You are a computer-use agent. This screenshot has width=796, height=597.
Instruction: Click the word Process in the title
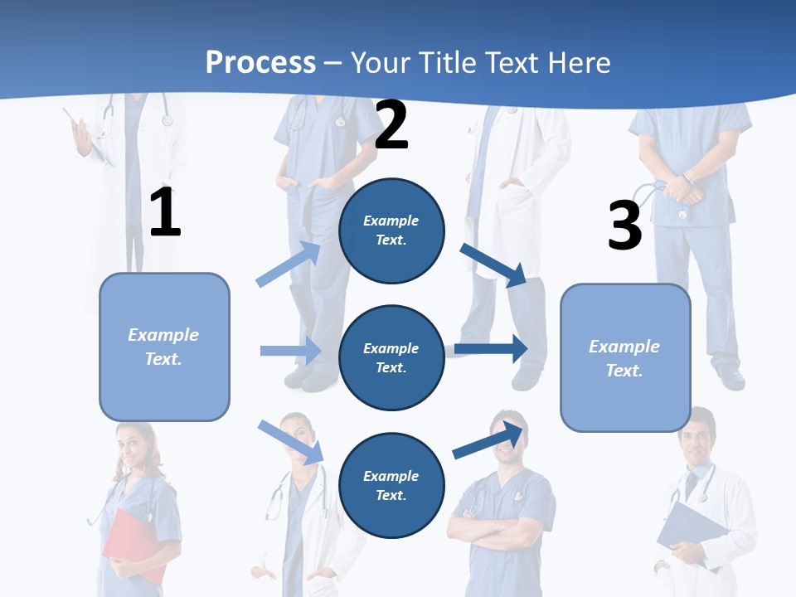(x=260, y=63)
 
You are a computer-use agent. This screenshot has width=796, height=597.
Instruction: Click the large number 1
(x=165, y=213)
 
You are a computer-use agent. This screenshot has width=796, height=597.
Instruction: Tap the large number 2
(x=391, y=125)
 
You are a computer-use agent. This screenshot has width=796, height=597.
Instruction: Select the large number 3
(x=624, y=226)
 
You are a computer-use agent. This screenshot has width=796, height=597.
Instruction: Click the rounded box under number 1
(x=164, y=347)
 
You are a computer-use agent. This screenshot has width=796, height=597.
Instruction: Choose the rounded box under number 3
(x=625, y=358)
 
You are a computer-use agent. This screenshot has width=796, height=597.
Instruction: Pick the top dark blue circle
(x=391, y=231)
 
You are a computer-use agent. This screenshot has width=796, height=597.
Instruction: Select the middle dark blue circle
(x=391, y=358)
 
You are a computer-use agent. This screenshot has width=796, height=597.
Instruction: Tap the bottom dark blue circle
(x=391, y=486)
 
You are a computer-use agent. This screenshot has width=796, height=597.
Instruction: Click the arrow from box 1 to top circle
(x=289, y=264)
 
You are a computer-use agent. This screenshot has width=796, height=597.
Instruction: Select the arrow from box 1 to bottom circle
(x=290, y=442)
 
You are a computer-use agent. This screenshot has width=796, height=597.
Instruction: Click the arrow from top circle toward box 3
(x=493, y=265)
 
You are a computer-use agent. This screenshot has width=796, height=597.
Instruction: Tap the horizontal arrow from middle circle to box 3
(x=490, y=348)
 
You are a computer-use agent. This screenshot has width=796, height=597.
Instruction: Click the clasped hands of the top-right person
(x=683, y=187)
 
